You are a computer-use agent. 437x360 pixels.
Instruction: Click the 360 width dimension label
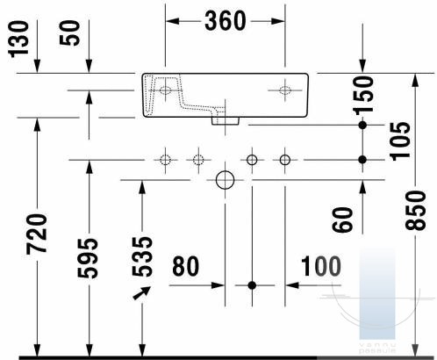(x=225, y=21)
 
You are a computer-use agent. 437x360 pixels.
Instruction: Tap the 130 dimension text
(x=18, y=39)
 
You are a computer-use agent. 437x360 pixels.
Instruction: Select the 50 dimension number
(x=69, y=32)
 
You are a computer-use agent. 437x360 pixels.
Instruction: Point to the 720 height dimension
(x=37, y=234)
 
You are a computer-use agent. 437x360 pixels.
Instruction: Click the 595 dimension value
(x=88, y=258)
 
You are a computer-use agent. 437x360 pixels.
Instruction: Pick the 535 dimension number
(x=142, y=256)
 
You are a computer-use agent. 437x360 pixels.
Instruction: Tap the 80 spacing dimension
(x=186, y=266)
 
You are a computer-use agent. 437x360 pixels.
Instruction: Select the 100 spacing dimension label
(x=321, y=266)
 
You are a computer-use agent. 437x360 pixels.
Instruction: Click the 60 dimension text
(x=342, y=220)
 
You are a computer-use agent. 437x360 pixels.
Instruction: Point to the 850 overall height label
(x=416, y=210)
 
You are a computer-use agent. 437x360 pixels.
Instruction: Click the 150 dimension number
(x=363, y=95)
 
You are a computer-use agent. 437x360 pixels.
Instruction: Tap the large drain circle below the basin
(x=225, y=180)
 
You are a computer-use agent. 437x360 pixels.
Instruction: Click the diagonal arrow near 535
(x=142, y=293)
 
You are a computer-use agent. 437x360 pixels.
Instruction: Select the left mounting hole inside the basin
(x=165, y=90)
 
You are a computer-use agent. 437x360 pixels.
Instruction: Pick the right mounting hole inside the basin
(x=285, y=90)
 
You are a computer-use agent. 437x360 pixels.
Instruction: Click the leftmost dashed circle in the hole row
(x=165, y=160)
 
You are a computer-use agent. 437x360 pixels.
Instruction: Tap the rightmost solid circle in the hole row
(x=285, y=160)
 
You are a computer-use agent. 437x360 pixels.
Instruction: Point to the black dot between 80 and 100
(x=252, y=285)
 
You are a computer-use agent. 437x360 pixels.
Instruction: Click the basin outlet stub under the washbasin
(x=226, y=121)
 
